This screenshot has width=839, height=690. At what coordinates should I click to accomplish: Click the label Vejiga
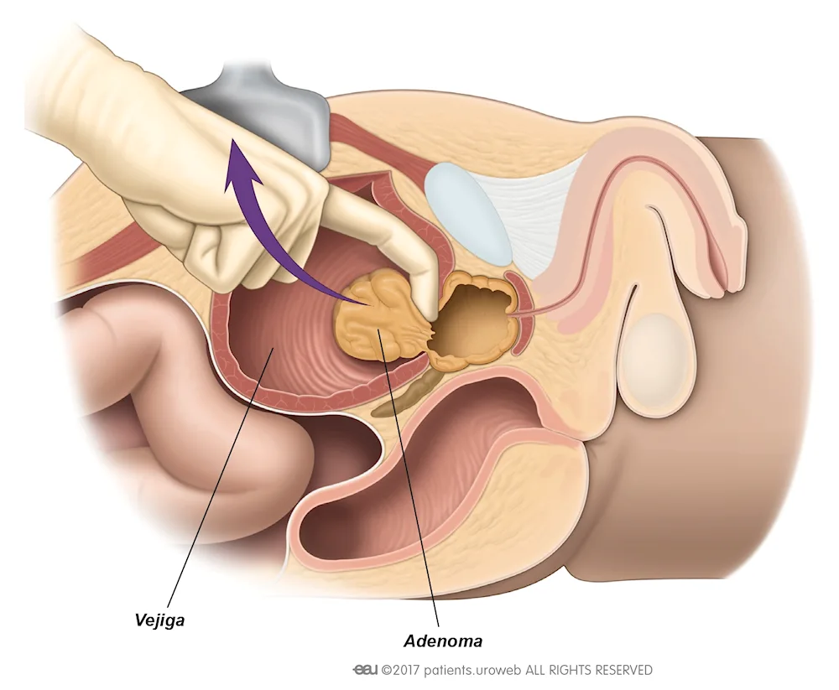(x=159, y=620)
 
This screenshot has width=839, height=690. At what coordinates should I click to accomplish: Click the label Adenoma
(x=442, y=641)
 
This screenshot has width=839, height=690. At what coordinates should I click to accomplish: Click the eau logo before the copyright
(x=365, y=670)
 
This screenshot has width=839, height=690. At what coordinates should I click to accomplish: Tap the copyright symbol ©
(x=386, y=670)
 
